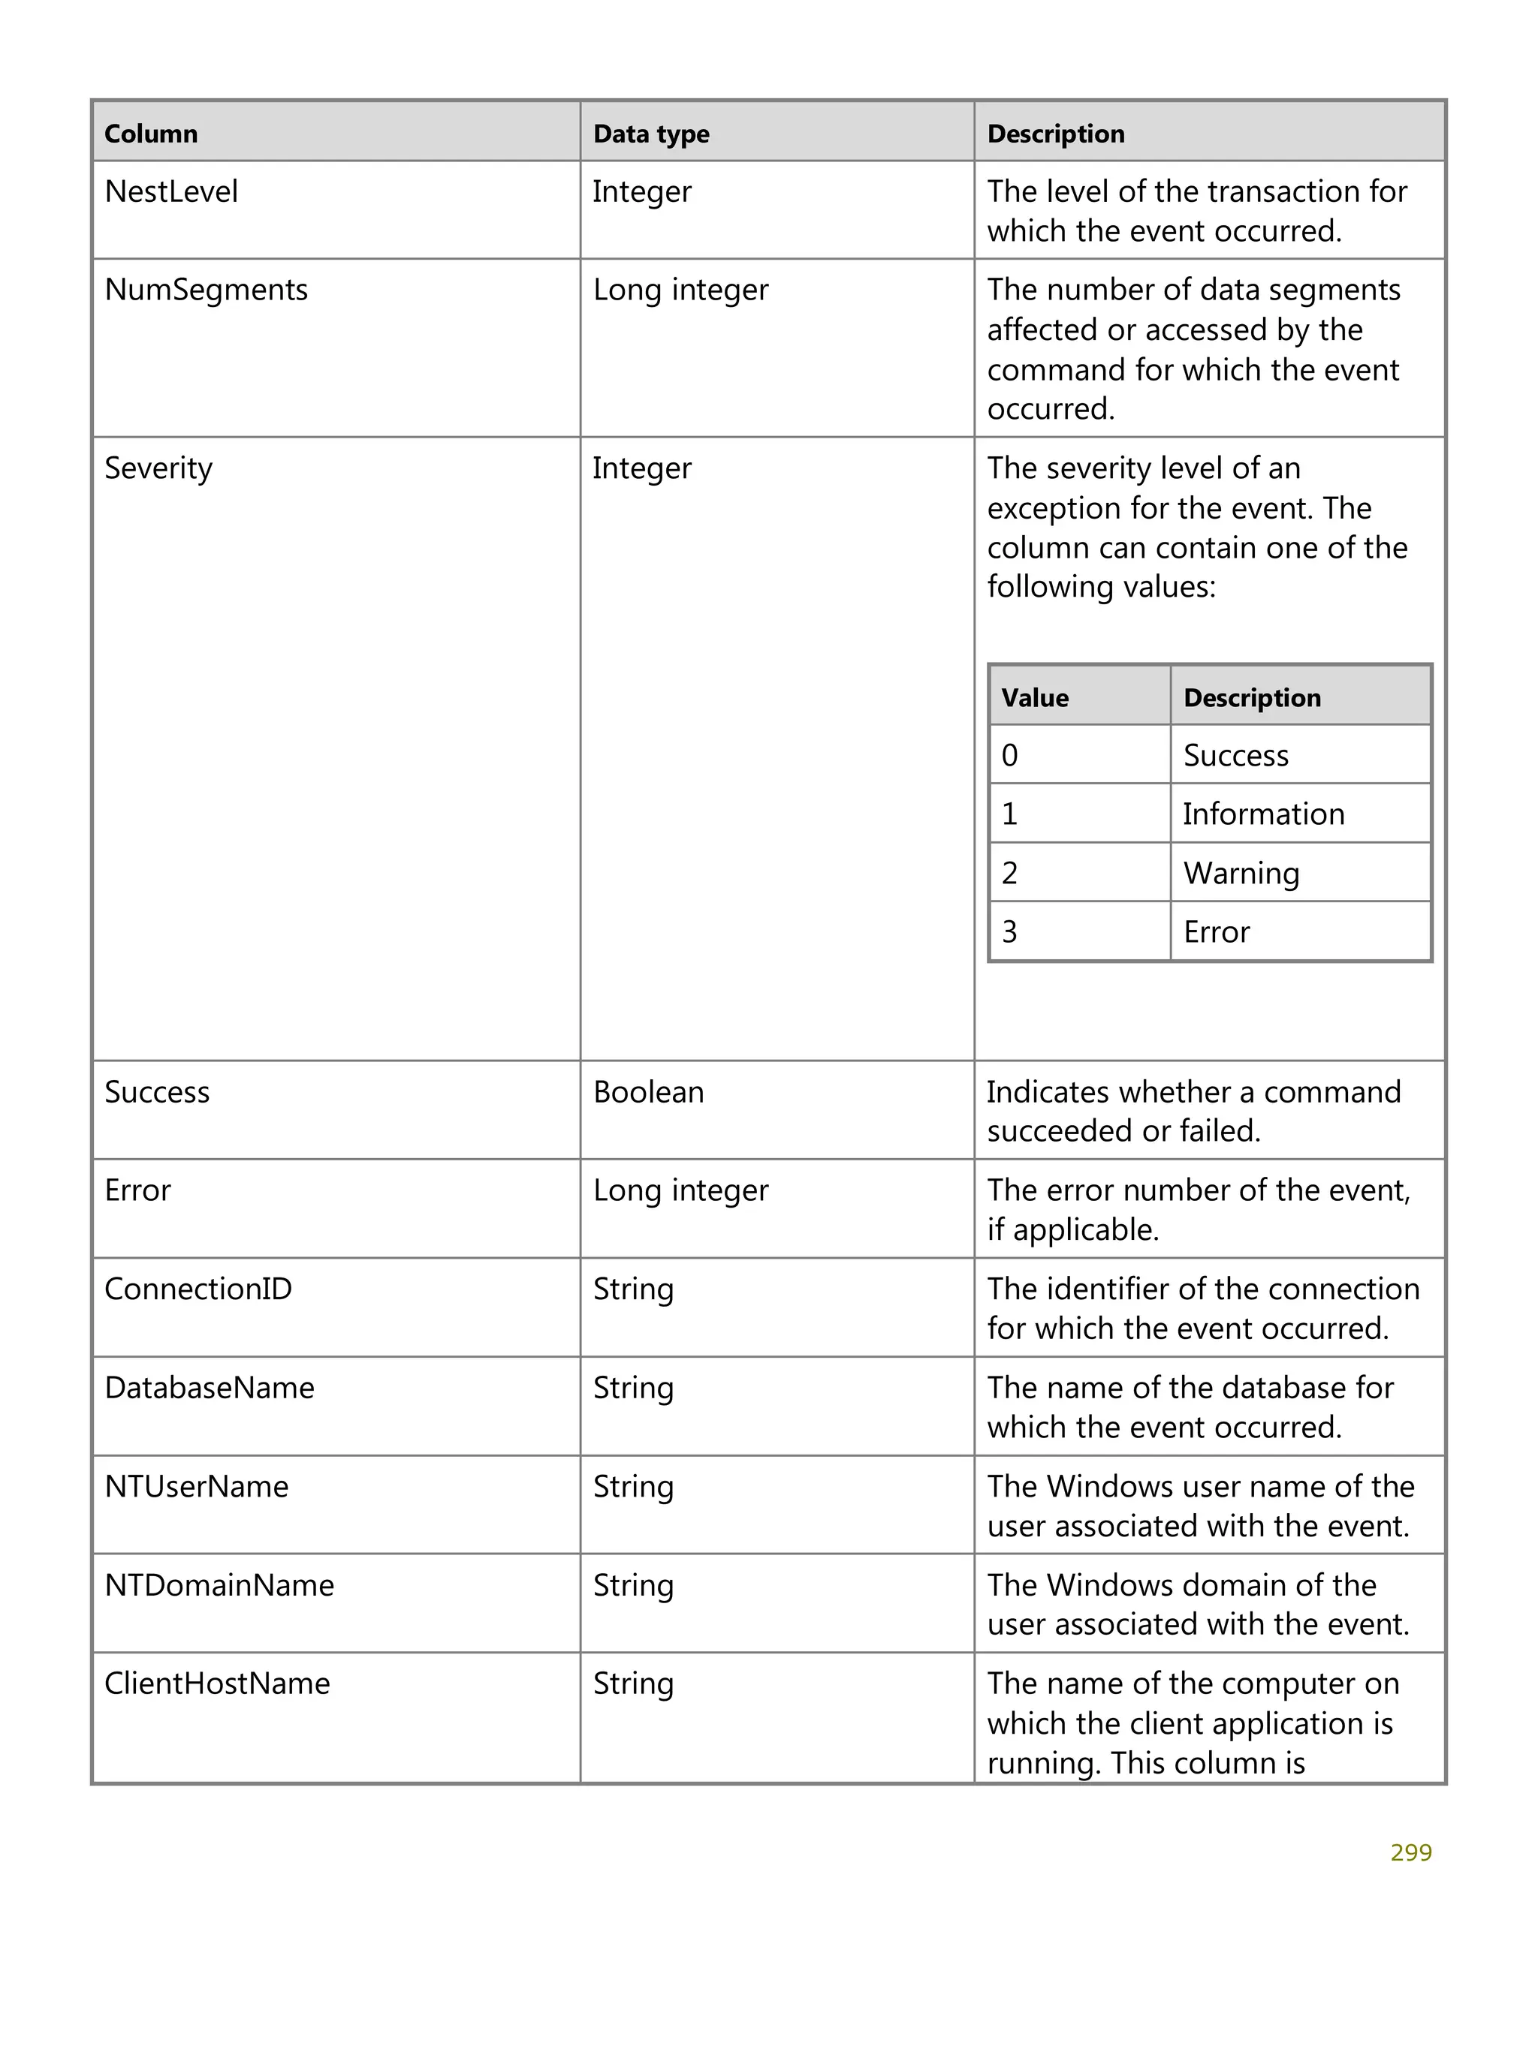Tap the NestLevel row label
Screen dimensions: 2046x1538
coord(171,191)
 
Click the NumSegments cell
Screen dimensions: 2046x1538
coord(206,290)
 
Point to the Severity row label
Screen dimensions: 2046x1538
coord(158,468)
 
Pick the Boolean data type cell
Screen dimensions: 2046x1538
coord(648,1091)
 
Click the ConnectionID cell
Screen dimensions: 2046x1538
coord(198,1289)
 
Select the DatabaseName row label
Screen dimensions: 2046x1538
coord(209,1388)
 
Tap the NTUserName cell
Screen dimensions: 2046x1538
coord(196,1486)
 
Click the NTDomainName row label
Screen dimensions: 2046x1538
coord(219,1585)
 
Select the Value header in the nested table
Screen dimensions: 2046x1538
coord(1035,697)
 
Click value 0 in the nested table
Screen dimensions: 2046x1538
coord(1009,756)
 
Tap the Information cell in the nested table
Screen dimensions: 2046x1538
coord(1263,814)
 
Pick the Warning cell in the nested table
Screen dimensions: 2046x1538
coord(1241,873)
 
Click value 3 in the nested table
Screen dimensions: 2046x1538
coord(1009,931)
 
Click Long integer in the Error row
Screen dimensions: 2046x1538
coord(680,1190)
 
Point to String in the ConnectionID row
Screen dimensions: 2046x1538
coord(633,1289)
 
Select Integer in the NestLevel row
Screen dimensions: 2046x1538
coord(641,191)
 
